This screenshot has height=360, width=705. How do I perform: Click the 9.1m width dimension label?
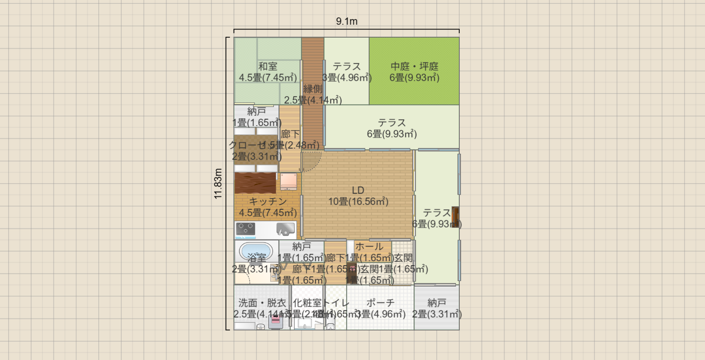click(x=347, y=21)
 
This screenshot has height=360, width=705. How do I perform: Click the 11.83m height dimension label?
click(x=218, y=184)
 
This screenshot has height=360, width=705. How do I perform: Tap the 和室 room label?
click(x=268, y=67)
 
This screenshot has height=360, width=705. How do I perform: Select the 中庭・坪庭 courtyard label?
click(x=414, y=67)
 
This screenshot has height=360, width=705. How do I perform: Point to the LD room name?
click(x=358, y=190)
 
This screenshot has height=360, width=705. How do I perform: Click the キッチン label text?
click(x=268, y=202)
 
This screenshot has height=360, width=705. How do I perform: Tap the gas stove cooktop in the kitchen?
click(x=246, y=229)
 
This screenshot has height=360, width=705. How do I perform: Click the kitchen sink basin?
click(x=285, y=229)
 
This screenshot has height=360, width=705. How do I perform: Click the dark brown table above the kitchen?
click(x=256, y=183)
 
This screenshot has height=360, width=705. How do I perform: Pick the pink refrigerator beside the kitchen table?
click(x=288, y=181)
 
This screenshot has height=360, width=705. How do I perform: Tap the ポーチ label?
click(x=380, y=303)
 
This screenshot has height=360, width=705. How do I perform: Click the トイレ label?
click(x=336, y=303)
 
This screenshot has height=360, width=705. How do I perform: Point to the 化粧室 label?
click(x=307, y=303)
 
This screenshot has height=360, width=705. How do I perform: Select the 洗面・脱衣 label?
click(x=262, y=303)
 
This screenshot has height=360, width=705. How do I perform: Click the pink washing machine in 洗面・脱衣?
click(x=276, y=321)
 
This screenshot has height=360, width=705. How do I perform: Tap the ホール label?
click(x=370, y=247)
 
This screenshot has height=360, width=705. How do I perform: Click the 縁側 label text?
click(x=313, y=89)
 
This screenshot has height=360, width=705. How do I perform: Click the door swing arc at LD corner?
click(x=312, y=161)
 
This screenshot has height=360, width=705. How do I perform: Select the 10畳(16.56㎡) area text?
click(x=358, y=202)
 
